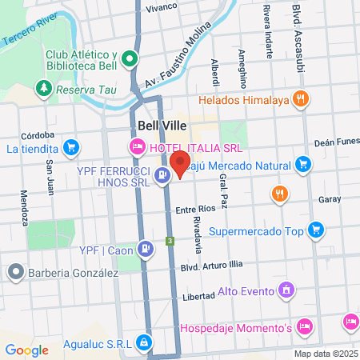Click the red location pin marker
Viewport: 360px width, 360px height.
[x=180, y=163]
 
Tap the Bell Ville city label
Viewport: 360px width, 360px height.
[x=162, y=125]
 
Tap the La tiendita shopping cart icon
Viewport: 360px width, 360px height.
[x=71, y=147]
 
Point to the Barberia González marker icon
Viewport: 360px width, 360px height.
[x=14, y=272]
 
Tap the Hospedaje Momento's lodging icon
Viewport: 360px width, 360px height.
[x=303, y=326]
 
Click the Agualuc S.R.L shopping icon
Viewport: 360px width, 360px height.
[x=143, y=342]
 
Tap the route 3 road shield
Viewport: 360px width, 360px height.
[x=170, y=240]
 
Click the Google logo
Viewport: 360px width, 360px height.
[x=26, y=350]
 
